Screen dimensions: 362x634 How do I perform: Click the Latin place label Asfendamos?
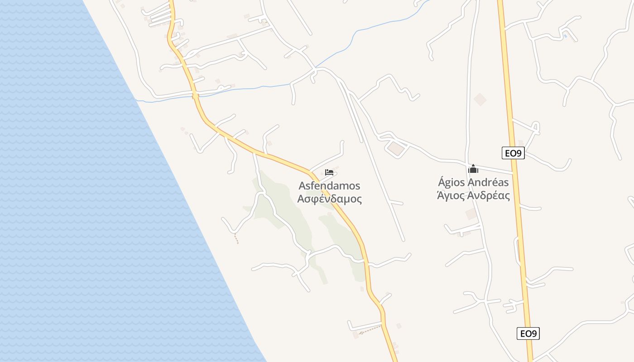(x=329, y=186)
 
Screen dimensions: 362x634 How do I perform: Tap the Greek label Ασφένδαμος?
(x=329, y=199)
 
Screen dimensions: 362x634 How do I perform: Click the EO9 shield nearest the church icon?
(x=513, y=153)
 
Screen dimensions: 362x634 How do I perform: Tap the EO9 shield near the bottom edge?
(x=528, y=333)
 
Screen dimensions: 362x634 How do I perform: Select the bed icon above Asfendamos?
(x=329, y=172)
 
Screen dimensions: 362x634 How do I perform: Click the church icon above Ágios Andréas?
(x=473, y=169)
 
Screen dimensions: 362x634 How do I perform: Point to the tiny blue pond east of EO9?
(x=565, y=35)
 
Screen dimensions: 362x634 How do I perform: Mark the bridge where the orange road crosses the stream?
(x=195, y=95)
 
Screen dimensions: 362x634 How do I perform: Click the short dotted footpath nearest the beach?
(x=236, y=238)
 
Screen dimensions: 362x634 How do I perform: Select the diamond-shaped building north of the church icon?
(x=480, y=100)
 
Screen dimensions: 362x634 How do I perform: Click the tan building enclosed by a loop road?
(x=396, y=148)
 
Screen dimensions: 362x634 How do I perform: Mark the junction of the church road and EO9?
(x=514, y=173)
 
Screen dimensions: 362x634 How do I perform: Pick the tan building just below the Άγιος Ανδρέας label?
(x=471, y=214)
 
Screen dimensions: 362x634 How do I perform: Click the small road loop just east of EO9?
(x=536, y=128)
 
